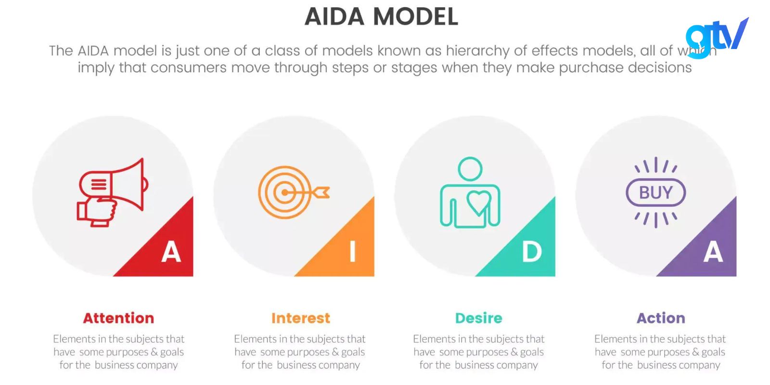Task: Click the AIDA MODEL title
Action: (x=381, y=16)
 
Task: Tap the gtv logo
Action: (x=717, y=38)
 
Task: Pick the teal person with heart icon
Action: (x=470, y=192)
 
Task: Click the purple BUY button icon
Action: (x=655, y=192)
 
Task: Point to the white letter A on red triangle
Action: (x=171, y=252)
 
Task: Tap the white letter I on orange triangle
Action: (x=352, y=252)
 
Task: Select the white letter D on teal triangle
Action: (x=532, y=252)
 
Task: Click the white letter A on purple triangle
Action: (x=713, y=252)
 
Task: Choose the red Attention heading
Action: (x=118, y=318)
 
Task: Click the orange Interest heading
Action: (x=301, y=318)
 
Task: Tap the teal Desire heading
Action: (x=479, y=318)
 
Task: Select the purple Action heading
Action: (x=661, y=318)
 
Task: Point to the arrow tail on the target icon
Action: (x=321, y=192)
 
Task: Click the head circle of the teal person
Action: (x=470, y=169)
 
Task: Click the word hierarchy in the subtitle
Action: (x=477, y=51)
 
